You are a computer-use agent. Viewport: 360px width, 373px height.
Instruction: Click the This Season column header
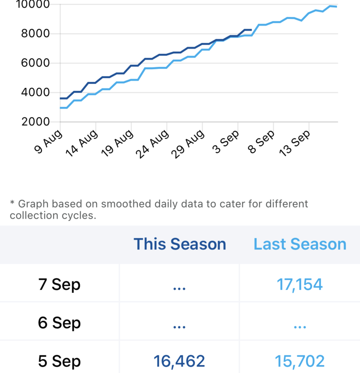pyautogui.click(x=180, y=244)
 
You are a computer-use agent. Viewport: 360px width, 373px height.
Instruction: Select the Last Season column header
pyautogui.click(x=300, y=244)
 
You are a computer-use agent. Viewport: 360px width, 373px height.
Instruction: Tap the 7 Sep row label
pyautogui.click(x=59, y=284)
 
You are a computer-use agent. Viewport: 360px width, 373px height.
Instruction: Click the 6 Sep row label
pyautogui.click(x=59, y=323)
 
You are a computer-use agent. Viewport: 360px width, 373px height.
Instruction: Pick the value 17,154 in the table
pyautogui.click(x=299, y=284)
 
